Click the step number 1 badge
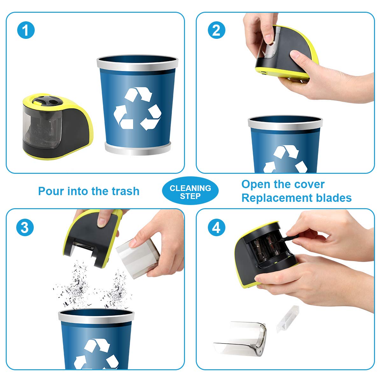pos(26,30)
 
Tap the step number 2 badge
pos(216,30)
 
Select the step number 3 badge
pos(25,227)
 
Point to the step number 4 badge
pos(216,227)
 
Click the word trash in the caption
pos(125,191)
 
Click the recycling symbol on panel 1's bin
pos(138,109)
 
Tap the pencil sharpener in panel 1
pos(58,126)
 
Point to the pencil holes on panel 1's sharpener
pos(47,100)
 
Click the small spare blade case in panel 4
pos(288,319)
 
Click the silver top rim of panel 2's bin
pos(285,123)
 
